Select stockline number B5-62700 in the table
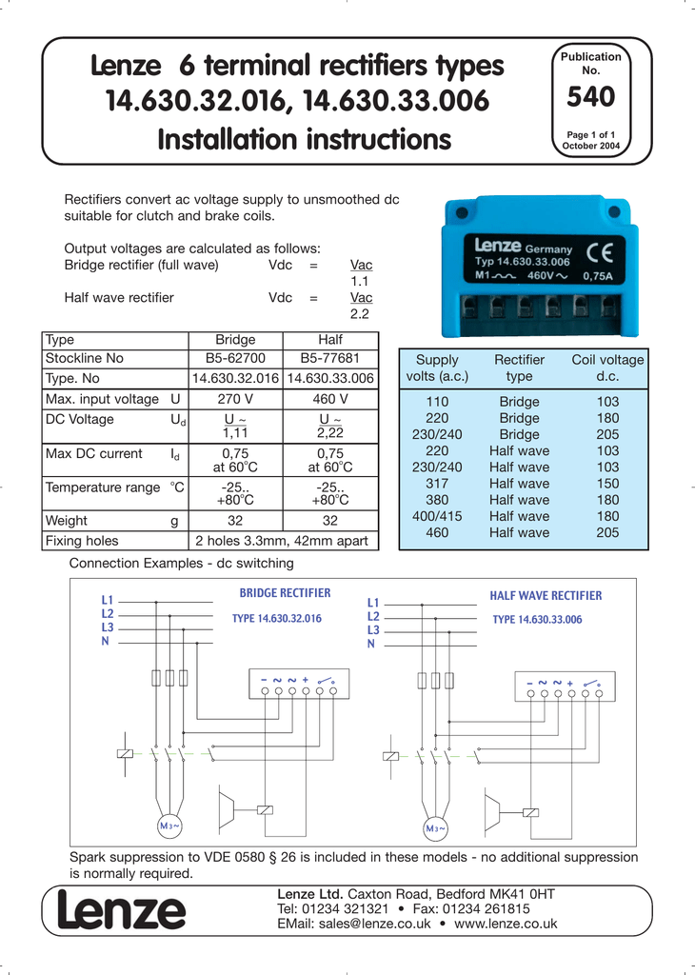pos(235,358)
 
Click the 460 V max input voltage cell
pos(330,398)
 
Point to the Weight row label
pos(67,521)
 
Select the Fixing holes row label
pos(82,541)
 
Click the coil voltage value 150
pos(607,484)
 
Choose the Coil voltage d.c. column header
pos(607,368)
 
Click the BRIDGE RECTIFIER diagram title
pos(285,593)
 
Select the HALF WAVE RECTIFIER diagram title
pos(546,595)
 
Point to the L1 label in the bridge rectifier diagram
pos(107,601)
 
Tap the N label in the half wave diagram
pos(371,645)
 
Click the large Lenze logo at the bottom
pos(121,912)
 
